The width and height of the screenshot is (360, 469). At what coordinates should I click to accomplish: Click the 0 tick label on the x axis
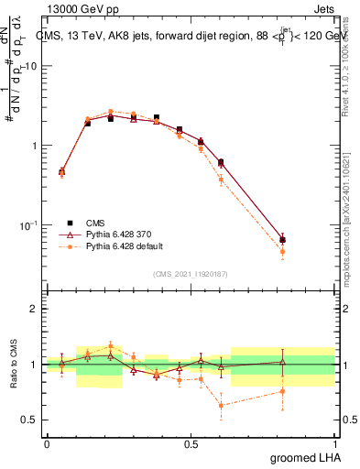pyautogui.click(x=47, y=442)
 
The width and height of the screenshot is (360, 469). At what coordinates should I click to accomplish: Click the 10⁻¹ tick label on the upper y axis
pyautogui.click(x=29, y=224)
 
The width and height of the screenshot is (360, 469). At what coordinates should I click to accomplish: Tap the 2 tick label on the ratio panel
pyautogui.click(x=34, y=309)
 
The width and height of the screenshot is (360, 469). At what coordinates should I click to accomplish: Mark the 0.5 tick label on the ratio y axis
pyautogui.click(x=30, y=420)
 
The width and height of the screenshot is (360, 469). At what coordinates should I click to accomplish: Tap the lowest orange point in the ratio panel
pyautogui.click(x=221, y=405)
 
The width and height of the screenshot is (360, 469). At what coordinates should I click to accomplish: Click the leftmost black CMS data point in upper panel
pyautogui.click(x=61, y=171)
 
